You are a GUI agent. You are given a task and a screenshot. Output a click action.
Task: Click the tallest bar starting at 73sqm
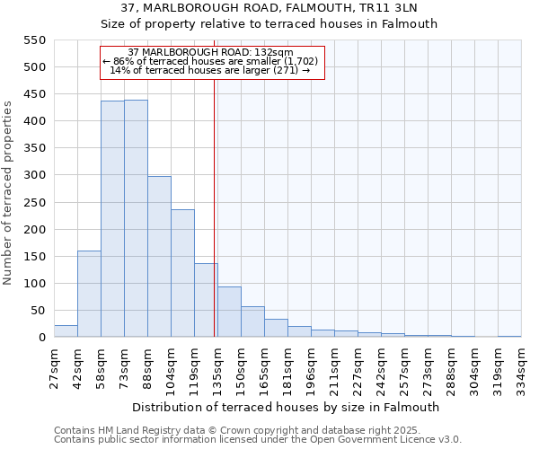136,219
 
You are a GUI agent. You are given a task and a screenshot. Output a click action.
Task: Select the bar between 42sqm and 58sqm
89,294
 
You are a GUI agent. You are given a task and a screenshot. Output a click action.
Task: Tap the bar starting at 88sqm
159,257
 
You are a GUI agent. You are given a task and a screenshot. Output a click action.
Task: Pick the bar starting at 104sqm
182,274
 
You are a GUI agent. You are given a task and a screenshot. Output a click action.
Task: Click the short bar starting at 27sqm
66,331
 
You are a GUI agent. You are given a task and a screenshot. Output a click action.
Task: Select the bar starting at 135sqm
229,313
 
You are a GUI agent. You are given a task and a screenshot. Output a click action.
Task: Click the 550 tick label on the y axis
33,40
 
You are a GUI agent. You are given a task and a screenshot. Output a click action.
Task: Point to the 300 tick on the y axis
33,176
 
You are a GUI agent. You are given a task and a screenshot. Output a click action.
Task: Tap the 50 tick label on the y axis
37,311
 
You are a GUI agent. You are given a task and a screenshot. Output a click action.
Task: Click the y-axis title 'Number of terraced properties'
8,193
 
